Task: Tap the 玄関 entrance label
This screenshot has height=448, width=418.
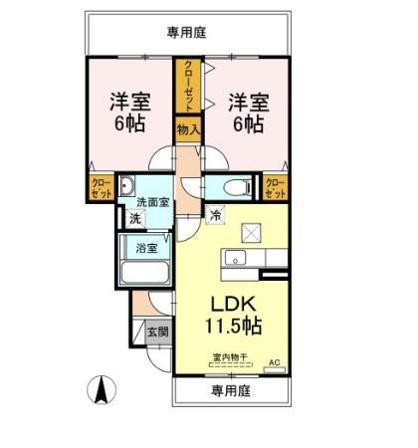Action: (x=157, y=332)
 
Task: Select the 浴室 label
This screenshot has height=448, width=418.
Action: (x=145, y=247)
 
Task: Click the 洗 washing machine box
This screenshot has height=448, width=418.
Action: (x=133, y=218)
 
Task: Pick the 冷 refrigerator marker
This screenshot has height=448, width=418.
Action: (x=214, y=213)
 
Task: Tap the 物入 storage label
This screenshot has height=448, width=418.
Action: (x=188, y=128)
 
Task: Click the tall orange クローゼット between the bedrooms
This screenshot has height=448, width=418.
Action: (x=187, y=86)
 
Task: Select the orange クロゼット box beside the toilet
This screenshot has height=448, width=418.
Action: (x=275, y=186)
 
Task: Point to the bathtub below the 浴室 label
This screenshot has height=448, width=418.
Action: (x=145, y=274)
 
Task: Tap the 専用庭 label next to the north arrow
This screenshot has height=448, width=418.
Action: (x=230, y=392)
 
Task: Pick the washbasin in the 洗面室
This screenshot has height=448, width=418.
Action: (x=127, y=187)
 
